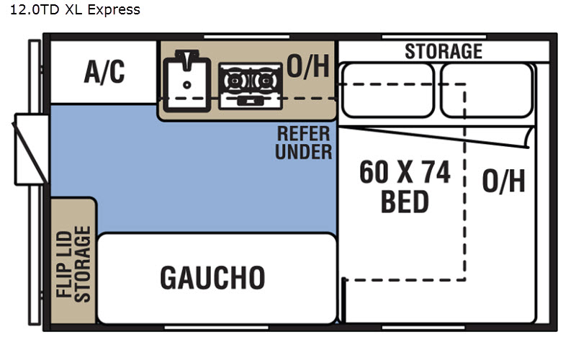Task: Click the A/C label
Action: point(104,71)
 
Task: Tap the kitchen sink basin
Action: point(187,84)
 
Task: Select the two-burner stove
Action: point(251,86)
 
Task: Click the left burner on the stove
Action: point(235,81)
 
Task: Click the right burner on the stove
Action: point(265,81)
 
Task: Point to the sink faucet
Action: point(187,59)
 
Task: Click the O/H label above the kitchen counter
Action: point(308,66)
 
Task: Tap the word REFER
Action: point(303,134)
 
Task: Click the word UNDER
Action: point(303,152)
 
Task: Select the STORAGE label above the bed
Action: point(444,51)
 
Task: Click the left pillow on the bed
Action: point(388,91)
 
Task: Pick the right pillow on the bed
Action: point(487,91)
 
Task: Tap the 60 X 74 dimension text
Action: point(405,172)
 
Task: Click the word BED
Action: point(405,202)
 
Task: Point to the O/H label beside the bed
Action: point(503,181)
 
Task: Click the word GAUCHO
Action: point(212,278)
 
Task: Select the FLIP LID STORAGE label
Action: point(73,264)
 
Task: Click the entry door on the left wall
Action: point(31,150)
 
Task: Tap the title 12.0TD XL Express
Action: point(75,10)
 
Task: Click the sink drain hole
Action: point(187,85)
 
